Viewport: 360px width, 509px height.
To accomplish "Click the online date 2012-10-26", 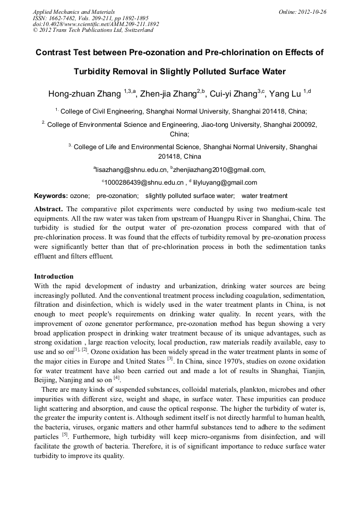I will point(310,12).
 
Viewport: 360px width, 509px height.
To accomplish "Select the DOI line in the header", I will point(96,24).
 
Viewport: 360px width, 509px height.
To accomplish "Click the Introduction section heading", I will point(54,277).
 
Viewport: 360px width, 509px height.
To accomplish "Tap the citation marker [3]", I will point(170,358).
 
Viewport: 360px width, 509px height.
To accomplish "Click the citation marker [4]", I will point(117,377).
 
